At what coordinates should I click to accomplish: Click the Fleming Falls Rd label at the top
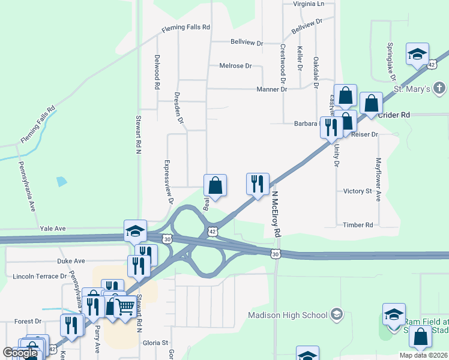click(185, 28)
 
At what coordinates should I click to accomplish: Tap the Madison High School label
click(288, 315)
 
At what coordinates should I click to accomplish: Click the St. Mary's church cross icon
click(439, 89)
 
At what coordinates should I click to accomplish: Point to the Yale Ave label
click(52, 229)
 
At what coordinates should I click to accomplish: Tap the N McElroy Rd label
click(277, 214)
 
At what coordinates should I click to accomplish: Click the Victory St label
click(358, 191)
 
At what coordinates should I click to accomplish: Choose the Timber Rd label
click(358, 225)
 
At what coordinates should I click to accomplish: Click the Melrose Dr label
click(235, 66)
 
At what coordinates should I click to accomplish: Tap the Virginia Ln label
click(308, 4)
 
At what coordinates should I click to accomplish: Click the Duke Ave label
click(71, 262)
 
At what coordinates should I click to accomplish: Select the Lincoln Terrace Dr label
click(40, 277)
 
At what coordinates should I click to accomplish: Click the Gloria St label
click(155, 343)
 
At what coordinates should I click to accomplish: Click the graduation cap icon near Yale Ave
click(136, 231)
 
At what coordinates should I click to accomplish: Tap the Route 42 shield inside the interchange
click(211, 231)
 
